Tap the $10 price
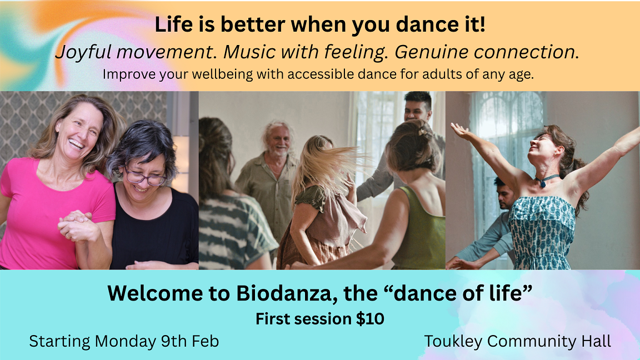(x=370, y=319)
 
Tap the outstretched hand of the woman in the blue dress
(x=460, y=131)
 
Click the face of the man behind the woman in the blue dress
(x=506, y=193)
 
